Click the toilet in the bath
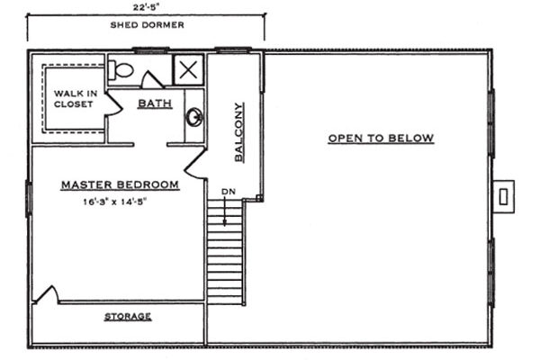pyautogui.click(x=122, y=69)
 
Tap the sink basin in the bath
pyautogui.click(x=193, y=116)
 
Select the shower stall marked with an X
pyautogui.click(x=187, y=69)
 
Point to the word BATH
pyautogui.click(x=154, y=103)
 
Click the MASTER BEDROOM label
pyautogui.click(x=120, y=184)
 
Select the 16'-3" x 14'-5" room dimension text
pyautogui.click(x=114, y=202)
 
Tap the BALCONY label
pyautogui.click(x=239, y=143)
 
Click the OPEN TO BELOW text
pyautogui.click(x=381, y=138)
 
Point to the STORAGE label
pyautogui.click(x=127, y=317)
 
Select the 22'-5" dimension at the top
pyautogui.click(x=146, y=6)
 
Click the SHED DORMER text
pyautogui.click(x=147, y=25)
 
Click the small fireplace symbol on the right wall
pyautogui.click(x=505, y=193)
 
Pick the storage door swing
pyautogui.click(x=48, y=294)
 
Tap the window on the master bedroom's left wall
pyautogui.click(x=29, y=198)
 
